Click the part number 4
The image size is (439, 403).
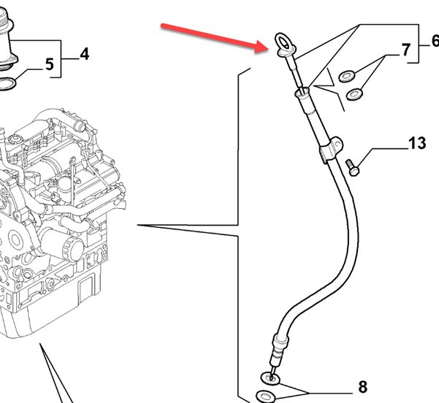click(85, 53)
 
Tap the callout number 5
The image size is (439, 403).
click(50, 65)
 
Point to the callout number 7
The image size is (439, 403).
click(406, 51)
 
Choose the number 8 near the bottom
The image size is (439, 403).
click(362, 386)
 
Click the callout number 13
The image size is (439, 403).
click(416, 142)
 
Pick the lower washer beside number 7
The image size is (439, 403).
click(355, 93)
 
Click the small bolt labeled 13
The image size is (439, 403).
click(353, 166)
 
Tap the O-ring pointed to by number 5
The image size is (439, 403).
click(9, 85)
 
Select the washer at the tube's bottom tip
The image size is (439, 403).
click(270, 377)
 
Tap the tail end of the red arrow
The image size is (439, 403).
click(161, 27)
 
